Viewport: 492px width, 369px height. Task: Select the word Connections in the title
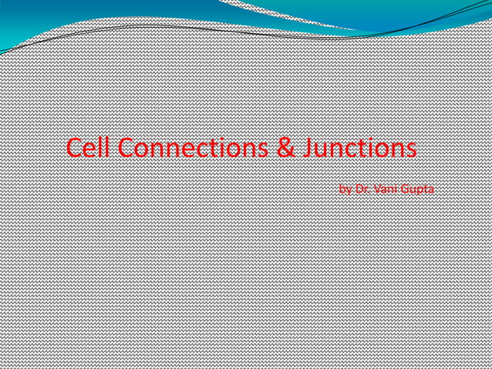(x=193, y=147)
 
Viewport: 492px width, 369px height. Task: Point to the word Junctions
(x=358, y=147)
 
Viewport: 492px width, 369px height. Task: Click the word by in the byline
(x=345, y=188)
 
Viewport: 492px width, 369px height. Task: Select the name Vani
(x=384, y=188)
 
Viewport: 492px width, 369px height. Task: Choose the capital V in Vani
(x=377, y=188)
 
